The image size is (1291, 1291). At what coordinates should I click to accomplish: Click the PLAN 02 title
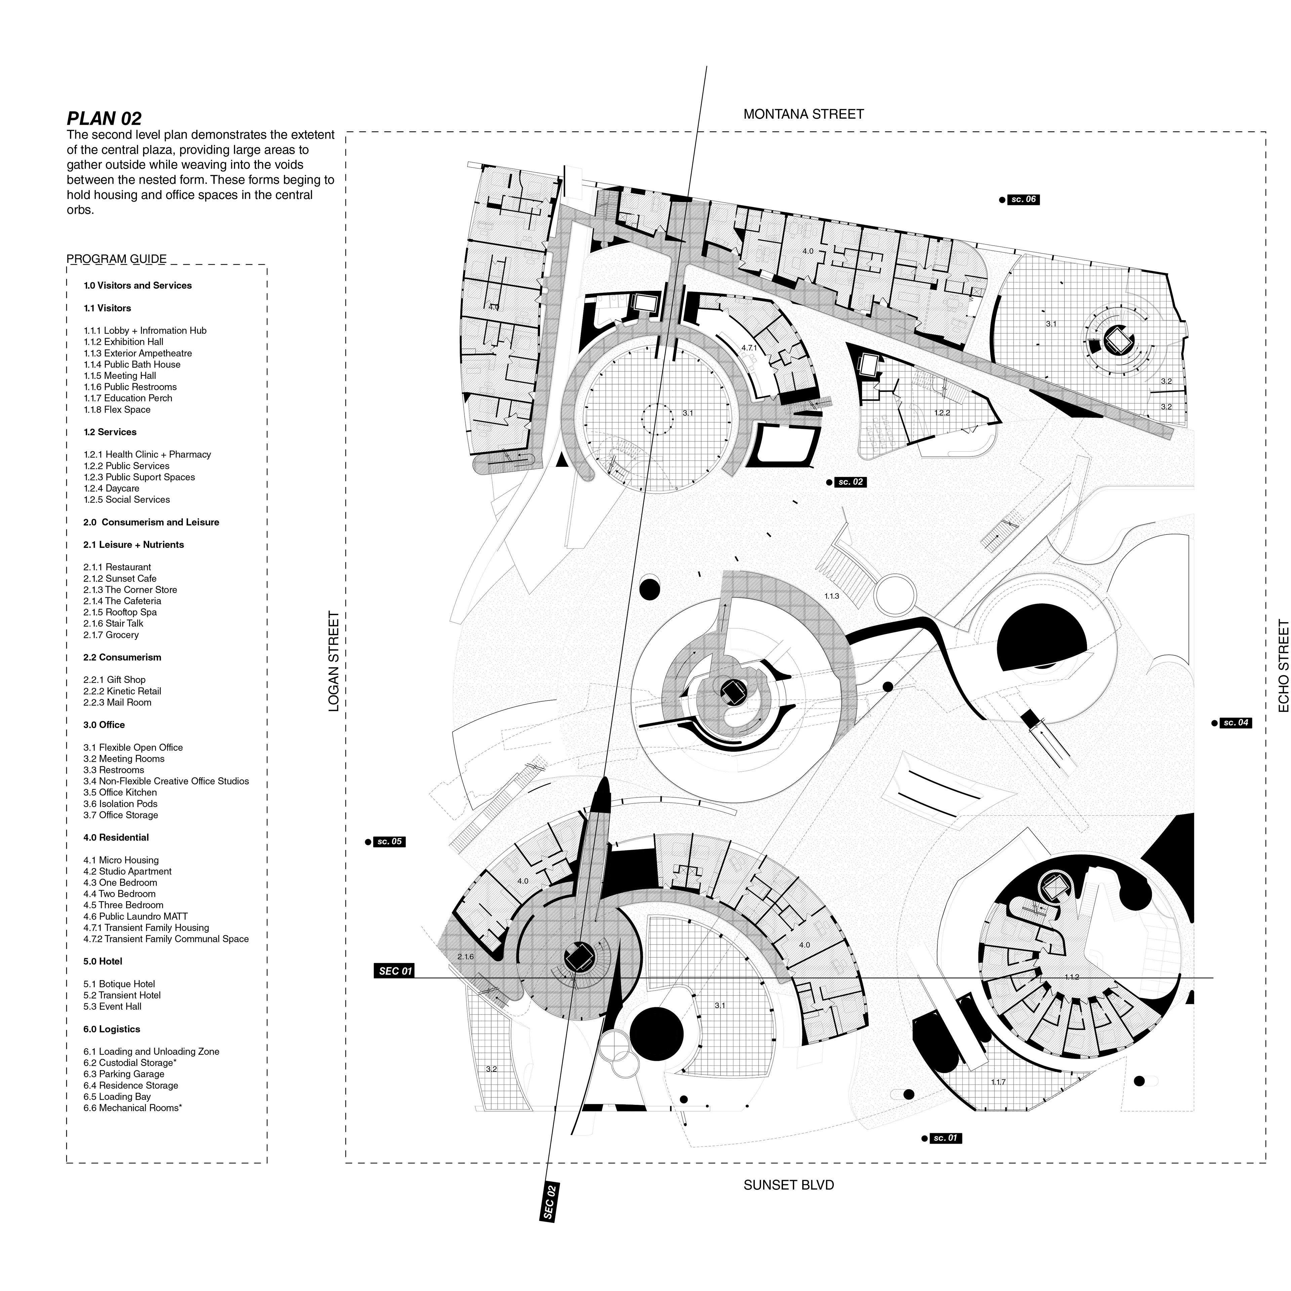(x=104, y=119)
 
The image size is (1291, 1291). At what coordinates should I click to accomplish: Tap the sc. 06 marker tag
(x=1023, y=199)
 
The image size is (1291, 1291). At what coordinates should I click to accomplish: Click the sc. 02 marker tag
(x=851, y=482)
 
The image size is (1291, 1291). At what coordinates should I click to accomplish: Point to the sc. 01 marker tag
(x=945, y=1138)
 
